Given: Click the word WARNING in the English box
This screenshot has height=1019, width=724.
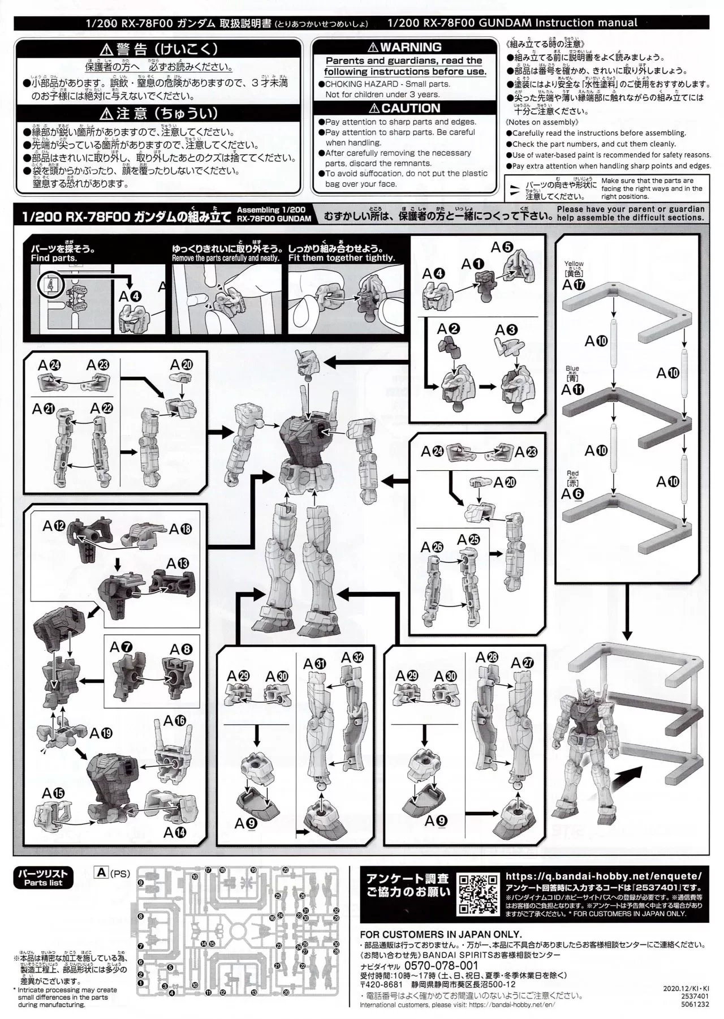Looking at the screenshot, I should click(411, 48).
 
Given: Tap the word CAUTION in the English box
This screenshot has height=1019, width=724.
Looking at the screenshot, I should click(411, 108).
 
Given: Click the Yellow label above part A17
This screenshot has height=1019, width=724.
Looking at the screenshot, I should click(574, 264).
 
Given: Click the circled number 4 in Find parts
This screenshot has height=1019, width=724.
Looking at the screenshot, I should click(51, 285).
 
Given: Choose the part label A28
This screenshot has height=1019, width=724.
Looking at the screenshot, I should click(486, 657).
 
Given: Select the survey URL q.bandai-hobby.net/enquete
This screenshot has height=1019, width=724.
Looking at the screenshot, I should click(603, 875).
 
